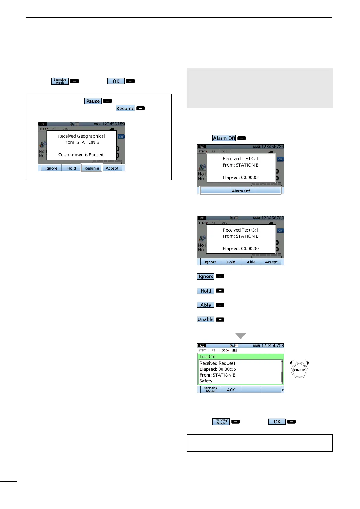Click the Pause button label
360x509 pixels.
pos(93,101)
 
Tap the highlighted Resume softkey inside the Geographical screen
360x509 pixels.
pos(92,168)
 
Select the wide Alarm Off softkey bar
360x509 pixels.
pos(241,191)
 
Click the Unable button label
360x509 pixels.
pos(206,319)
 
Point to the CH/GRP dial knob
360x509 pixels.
pos(299,370)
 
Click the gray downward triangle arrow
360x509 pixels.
pos(241,336)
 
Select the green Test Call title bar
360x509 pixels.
pos(241,357)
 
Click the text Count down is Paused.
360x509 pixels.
pos(81,155)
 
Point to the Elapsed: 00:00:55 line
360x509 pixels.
pos(218,369)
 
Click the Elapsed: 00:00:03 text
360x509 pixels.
pos(241,177)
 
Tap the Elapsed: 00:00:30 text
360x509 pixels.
pos(241,248)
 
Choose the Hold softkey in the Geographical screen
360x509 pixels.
pos(72,168)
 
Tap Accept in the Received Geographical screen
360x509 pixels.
pos(112,168)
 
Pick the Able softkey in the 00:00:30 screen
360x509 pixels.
pos(251,262)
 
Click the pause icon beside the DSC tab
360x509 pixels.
pos(234,350)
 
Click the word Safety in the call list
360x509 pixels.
pos(206,381)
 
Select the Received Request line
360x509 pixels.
pos(217,363)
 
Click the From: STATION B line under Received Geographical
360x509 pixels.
pos(81,142)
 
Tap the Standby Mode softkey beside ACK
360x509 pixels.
pos(210,389)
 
